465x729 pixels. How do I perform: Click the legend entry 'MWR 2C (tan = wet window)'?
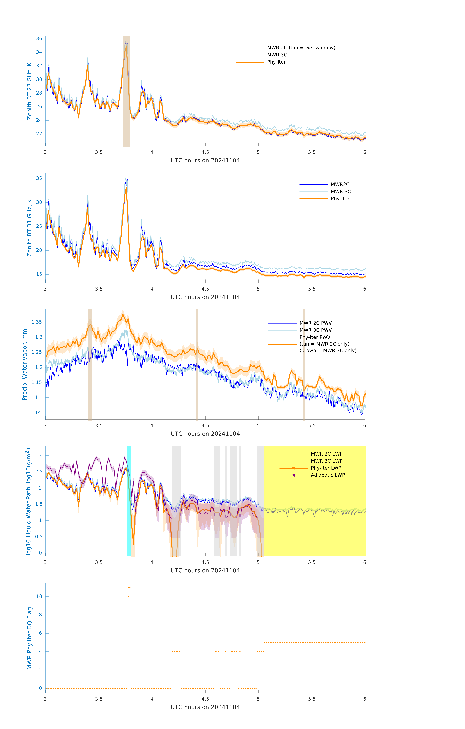pyautogui.click(x=301, y=48)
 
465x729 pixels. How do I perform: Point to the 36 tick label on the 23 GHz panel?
pyautogui.click(x=39, y=38)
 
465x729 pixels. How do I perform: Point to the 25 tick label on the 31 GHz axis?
pyautogui.click(x=39, y=226)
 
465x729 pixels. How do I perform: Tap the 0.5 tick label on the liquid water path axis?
pyautogui.click(x=39, y=537)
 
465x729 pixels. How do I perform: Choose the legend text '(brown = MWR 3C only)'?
pyautogui.click(x=328, y=351)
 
